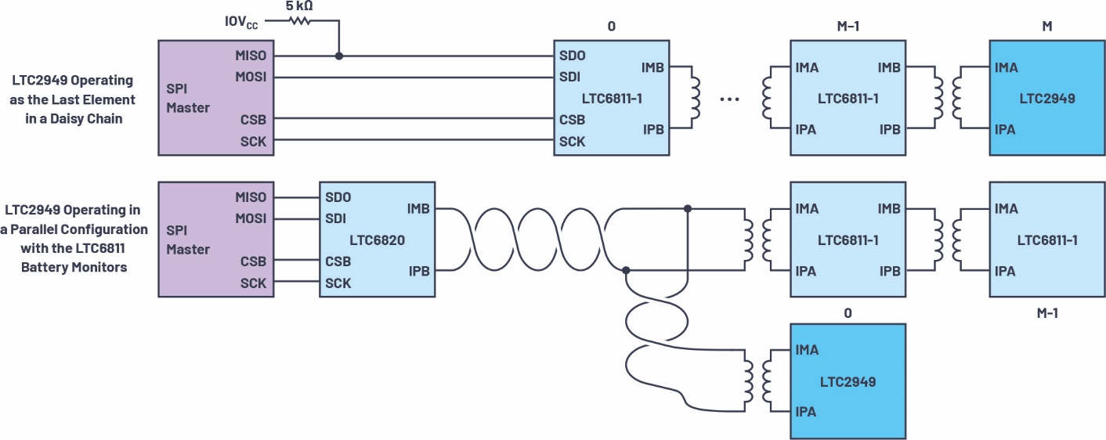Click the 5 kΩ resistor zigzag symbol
pyautogui.click(x=300, y=20)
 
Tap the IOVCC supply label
pyautogui.click(x=241, y=22)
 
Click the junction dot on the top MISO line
pyautogui.click(x=338, y=56)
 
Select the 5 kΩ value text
pyautogui.click(x=299, y=6)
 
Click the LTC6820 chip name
pyautogui.click(x=378, y=240)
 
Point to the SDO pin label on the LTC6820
pyautogui.click(x=338, y=197)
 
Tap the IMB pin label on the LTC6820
pyautogui.click(x=418, y=209)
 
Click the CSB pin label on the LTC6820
pyautogui.click(x=338, y=261)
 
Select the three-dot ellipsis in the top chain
pyautogui.click(x=730, y=99)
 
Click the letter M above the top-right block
pyautogui.click(x=1047, y=26)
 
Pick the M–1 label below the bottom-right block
pyautogui.click(x=1047, y=312)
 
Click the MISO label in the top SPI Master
pyautogui.click(x=251, y=56)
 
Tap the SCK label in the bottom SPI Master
pyautogui.click(x=253, y=283)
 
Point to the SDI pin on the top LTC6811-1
pyautogui.click(x=569, y=77)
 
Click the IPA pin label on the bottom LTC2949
pyautogui.click(x=806, y=411)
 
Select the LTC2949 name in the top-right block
pyautogui.click(x=1047, y=99)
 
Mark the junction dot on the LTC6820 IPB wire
pyautogui.click(x=626, y=270)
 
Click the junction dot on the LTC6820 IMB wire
pyautogui.click(x=687, y=209)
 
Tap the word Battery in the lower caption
pyautogui.click(x=46, y=267)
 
